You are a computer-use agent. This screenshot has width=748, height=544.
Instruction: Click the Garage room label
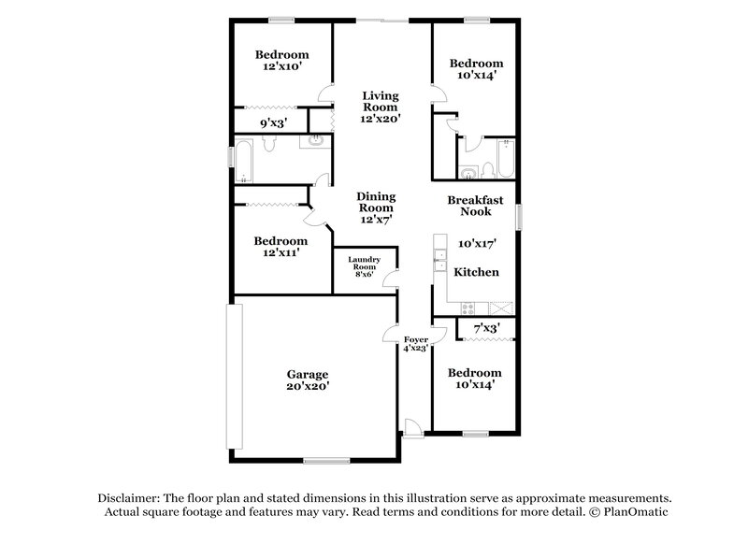tap(307, 374)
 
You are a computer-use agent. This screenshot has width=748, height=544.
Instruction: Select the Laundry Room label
tap(364, 264)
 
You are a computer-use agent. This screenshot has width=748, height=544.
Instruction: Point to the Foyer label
tap(415, 338)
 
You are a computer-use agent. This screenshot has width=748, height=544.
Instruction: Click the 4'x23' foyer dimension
tap(415, 348)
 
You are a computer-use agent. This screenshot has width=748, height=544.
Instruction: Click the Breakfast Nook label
tap(475, 206)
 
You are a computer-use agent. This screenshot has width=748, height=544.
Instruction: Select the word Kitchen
tap(476, 272)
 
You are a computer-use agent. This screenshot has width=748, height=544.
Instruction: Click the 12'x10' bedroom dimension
tap(282, 67)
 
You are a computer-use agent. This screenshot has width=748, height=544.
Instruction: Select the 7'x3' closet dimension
tap(485, 328)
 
